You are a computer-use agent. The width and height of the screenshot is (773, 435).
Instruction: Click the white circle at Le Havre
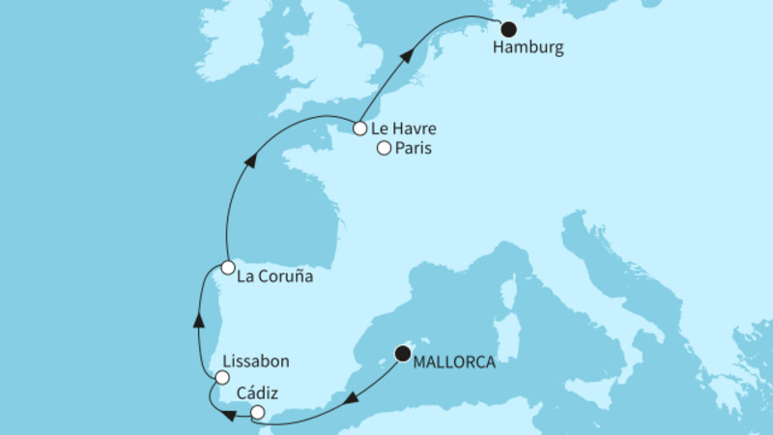click(x=359, y=128)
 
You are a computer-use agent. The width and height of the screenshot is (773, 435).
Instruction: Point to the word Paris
click(x=413, y=149)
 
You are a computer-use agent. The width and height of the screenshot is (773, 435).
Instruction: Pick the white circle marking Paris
click(x=384, y=149)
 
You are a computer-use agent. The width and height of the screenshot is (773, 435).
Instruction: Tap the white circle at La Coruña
click(x=227, y=267)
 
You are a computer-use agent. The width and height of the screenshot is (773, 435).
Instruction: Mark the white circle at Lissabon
click(x=223, y=378)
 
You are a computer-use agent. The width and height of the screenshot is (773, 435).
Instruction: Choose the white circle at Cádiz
click(x=257, y=413)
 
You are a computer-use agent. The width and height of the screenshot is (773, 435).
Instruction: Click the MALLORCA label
click(x=453, y=363)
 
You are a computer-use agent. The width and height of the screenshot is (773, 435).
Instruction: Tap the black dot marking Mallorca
click(x=401, y=354)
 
